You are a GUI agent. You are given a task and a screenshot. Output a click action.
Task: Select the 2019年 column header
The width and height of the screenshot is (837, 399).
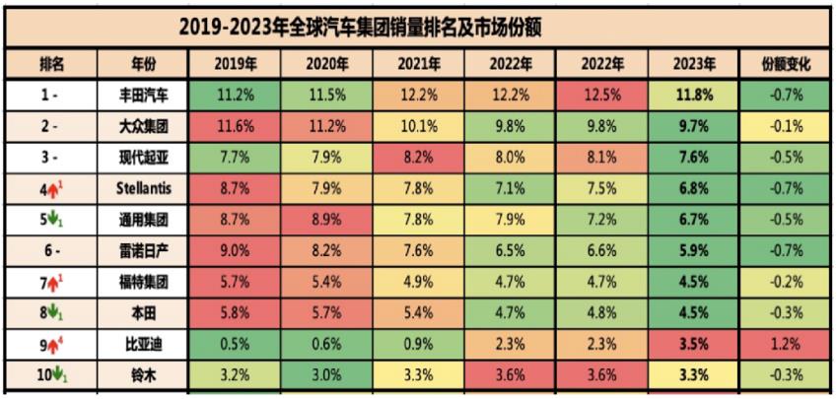click(x=236, y=64)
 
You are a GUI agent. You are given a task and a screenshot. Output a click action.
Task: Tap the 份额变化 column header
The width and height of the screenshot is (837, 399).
click(x=786, y=64)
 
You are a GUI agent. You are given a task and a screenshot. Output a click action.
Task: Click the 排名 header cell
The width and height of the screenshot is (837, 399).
click(x=51, y=64)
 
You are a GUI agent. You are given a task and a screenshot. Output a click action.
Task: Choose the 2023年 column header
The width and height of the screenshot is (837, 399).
click(x=695, y=64)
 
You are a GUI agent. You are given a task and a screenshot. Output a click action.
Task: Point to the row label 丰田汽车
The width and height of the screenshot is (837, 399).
click(x=142, y=96)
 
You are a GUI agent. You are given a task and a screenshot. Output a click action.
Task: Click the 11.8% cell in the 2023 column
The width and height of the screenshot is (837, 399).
click(x=695, y=96)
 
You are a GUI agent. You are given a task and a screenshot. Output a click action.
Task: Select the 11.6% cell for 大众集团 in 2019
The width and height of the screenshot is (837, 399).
click(x=236, y=126)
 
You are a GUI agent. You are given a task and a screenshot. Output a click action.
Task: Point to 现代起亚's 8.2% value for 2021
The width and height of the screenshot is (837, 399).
click(x=419, y=157)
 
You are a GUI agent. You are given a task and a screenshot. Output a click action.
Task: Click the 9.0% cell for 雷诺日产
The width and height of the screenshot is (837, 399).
click(x=236, y=250)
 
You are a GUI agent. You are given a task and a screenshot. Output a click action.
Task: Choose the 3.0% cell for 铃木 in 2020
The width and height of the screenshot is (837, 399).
click(x=328, y=374)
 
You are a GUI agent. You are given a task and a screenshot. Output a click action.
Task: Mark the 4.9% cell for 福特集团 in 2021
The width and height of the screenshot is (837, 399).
click(x=419, y=281)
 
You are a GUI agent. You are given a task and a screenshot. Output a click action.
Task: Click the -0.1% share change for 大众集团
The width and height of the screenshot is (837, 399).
click(x=786, y=126)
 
